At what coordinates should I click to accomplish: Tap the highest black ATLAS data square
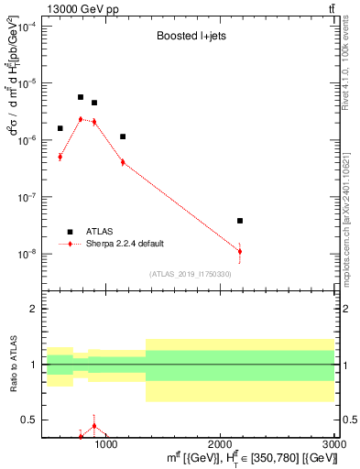tap(81, 97)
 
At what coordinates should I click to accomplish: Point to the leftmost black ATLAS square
tap(60, 128)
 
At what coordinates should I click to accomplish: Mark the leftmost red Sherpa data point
tap(60, 157)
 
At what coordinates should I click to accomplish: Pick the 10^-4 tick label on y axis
tap(27, 27)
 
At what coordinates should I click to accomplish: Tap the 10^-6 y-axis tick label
tap(27, 140)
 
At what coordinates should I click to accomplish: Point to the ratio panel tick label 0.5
tap(28, 420)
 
